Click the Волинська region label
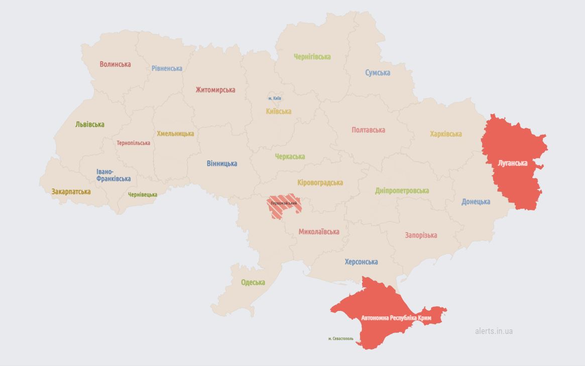tap(115, 64)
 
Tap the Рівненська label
tap(167, 68)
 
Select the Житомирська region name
tap(215, 90)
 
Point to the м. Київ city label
tap(274, 98)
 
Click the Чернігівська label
tap(312, 57)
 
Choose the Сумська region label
tap(378, 73)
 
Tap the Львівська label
tap(90, 124)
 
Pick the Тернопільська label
tap(133, 143)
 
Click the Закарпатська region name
tap(71, 192)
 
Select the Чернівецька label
tap(143, 195)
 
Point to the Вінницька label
tap(222, 163)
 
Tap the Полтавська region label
tap(369, 130)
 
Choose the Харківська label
tap(446, 134)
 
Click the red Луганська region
tap(512, 163)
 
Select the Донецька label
tap(476, 202)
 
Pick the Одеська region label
tap(253, 282)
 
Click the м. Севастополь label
tap(341, 338)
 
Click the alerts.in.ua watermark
tap(494, 331)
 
